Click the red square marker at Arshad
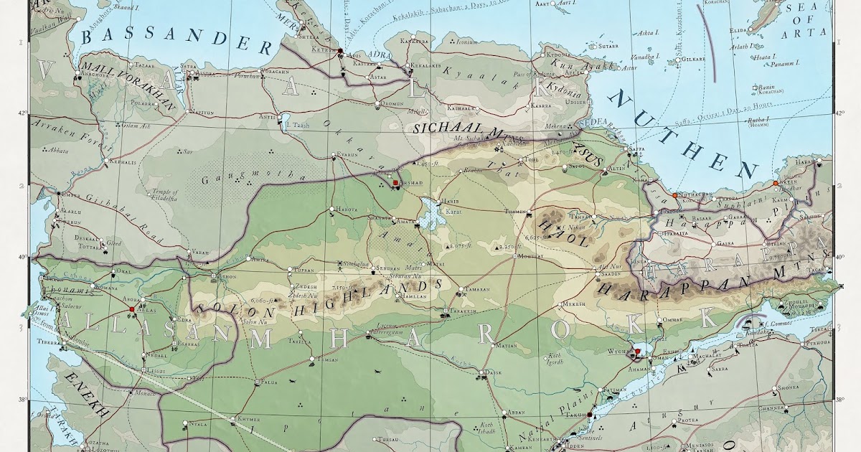click(395, 184)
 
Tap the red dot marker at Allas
click(131, 310)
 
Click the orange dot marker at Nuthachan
click(674, 195)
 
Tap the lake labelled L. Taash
click(296, 125)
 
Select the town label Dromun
click(392, 104)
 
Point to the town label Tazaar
click(143, 64)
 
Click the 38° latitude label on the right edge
click(839, 400)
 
